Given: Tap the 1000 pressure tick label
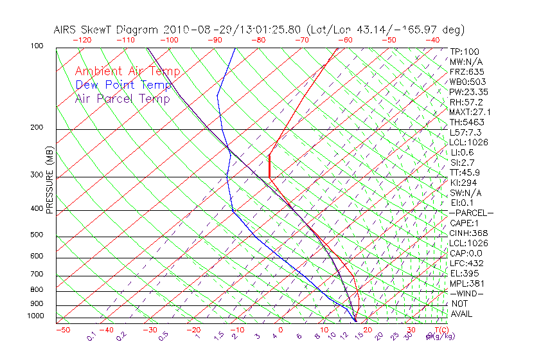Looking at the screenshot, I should click(x=37, y=316).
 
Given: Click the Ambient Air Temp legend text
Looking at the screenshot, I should click(x=127, y=71).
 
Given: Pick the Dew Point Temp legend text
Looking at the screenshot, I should click(x=123, y=85).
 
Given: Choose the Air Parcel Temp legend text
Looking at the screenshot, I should click(x=122, y=98).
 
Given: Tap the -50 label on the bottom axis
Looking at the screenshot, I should click(x=62, y=330).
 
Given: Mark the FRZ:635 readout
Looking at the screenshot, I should click(x=465, y=72).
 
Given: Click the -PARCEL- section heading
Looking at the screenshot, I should click(x=471, y=212).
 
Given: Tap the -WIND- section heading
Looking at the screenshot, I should click(x=467, y=292).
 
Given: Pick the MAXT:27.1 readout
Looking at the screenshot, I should click(x=470, y=112).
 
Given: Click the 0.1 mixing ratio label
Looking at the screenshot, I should click(x=92, y=335).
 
